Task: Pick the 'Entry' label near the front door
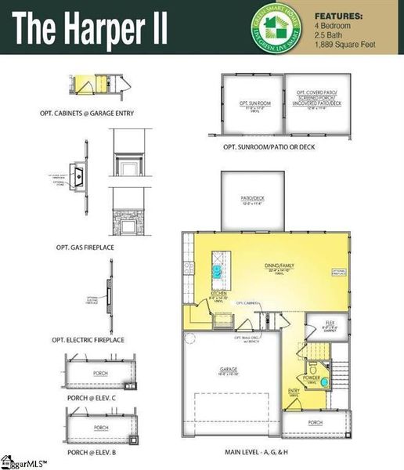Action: click(x=294, y=394)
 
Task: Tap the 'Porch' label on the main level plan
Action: click(x=315, y=422)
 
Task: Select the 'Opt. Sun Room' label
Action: click(x=251, y=103)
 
